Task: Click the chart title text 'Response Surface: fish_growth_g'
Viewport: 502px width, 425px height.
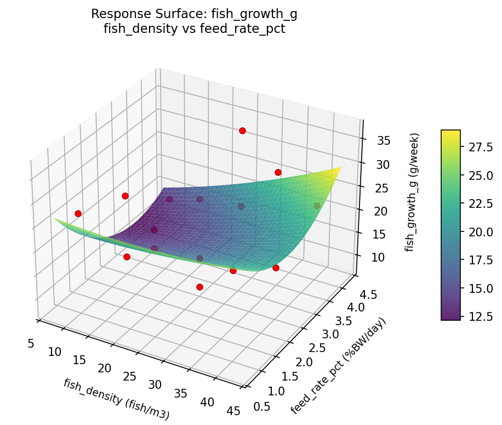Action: pos(195,14)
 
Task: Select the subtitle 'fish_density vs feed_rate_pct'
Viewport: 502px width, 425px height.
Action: pos(195,29)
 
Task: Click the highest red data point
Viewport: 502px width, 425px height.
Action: pos(242,131)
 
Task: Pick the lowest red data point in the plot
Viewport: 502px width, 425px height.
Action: pos(199,287)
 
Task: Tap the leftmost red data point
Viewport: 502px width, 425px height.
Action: pos(78,213)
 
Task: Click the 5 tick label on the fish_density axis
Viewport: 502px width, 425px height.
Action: pos(31,343)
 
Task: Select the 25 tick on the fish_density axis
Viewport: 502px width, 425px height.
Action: pos(130,376)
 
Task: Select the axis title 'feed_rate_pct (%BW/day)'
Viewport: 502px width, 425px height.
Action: pos(338,366)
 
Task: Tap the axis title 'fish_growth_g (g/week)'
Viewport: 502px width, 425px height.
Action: pos(414,192)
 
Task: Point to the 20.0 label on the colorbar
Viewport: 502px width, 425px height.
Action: pos(481,231)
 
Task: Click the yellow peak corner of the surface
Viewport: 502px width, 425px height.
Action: pos(340,168)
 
